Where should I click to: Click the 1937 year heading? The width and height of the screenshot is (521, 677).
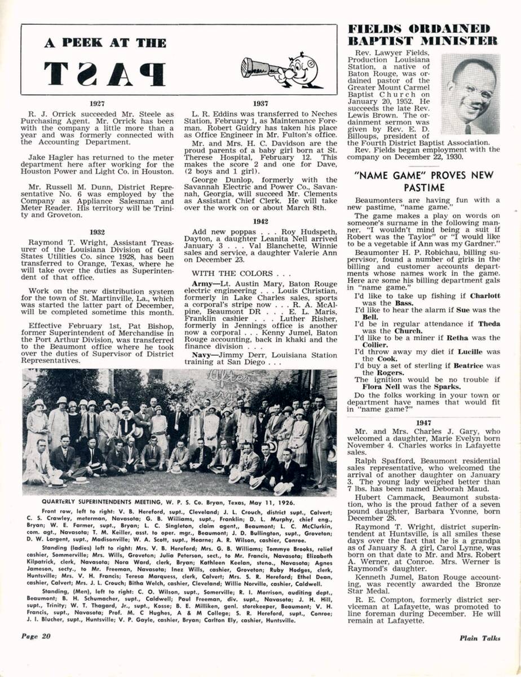(260, 103)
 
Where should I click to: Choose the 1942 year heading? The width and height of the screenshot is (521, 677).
(260, 222)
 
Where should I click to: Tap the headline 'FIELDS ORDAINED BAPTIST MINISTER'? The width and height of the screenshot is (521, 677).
(423, 34)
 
